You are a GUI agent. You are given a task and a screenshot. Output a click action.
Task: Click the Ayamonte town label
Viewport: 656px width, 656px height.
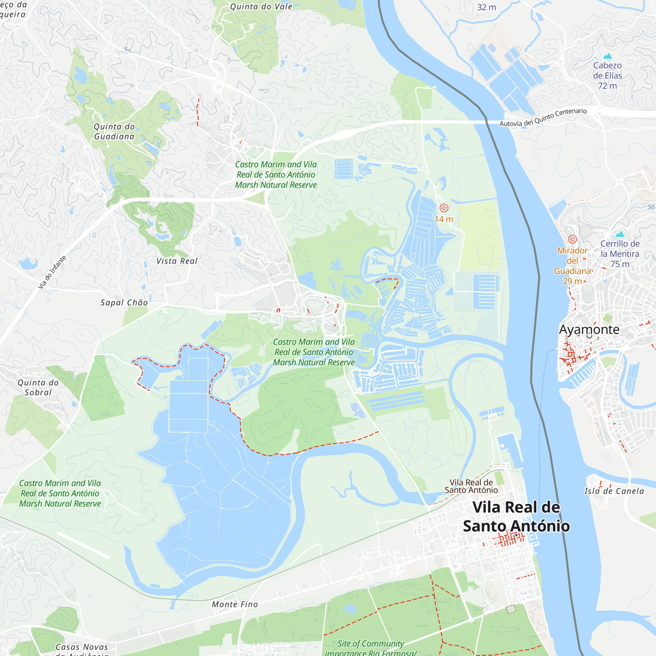(x=589, y=330)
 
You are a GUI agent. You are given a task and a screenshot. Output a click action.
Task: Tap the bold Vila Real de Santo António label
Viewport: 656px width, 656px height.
(x=516, y=517)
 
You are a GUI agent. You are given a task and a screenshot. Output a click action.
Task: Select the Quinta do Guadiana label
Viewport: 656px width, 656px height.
(x=114, y=132)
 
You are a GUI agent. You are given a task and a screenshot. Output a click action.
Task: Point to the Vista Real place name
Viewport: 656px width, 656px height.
(x=177, y=261)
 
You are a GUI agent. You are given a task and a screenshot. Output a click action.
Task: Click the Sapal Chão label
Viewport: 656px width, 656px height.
(x=124, y=302)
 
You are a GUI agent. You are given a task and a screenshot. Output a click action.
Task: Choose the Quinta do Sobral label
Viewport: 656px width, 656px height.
(x=38, y=387)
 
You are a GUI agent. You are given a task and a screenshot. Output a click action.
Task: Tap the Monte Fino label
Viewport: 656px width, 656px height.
(x=235, y=605)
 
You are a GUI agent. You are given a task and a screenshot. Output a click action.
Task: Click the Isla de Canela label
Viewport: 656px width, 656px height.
(x=614, y=491)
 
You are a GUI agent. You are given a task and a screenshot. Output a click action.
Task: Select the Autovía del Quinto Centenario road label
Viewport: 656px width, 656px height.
(x=543, y=117)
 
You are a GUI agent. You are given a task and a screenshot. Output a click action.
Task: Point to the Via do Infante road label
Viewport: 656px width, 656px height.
(x=52, y=272)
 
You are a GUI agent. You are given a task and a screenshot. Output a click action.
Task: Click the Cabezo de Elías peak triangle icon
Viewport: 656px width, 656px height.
(x=607, y=56)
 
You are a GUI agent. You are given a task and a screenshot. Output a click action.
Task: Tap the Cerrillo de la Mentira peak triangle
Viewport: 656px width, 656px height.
(x=620, y=234)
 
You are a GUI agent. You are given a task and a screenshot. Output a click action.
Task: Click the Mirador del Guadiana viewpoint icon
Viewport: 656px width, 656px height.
(x=572, y=239)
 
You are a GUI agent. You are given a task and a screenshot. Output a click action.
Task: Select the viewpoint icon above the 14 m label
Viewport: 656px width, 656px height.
(x=444, y=208)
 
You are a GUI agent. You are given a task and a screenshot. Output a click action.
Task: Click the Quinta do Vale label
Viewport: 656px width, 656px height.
(x=261, y=7)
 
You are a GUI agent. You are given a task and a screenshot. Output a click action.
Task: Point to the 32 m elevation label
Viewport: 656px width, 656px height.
(x=486, y=7)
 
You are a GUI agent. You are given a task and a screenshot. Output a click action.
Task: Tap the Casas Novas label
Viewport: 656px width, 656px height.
(x=82, y=647)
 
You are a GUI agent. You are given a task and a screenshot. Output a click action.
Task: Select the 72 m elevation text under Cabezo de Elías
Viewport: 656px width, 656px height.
(x=607, y=86)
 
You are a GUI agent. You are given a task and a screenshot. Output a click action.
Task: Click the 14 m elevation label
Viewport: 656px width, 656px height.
(x=444, y=219)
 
